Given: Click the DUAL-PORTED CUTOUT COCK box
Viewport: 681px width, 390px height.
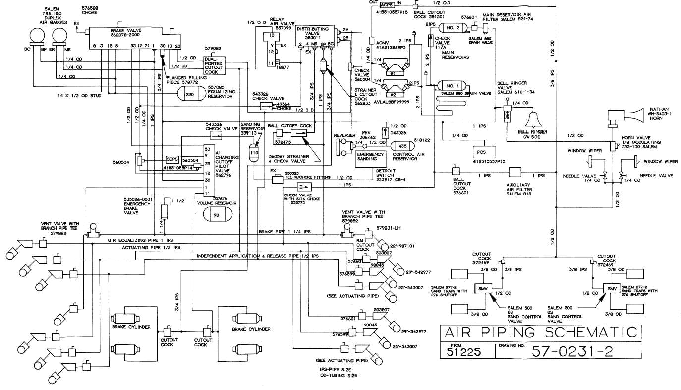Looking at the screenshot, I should tap(215, 65).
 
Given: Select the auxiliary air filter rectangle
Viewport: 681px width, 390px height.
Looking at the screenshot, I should tap(518, 172).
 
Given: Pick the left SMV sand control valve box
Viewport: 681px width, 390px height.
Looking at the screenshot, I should tap(481, 288).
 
